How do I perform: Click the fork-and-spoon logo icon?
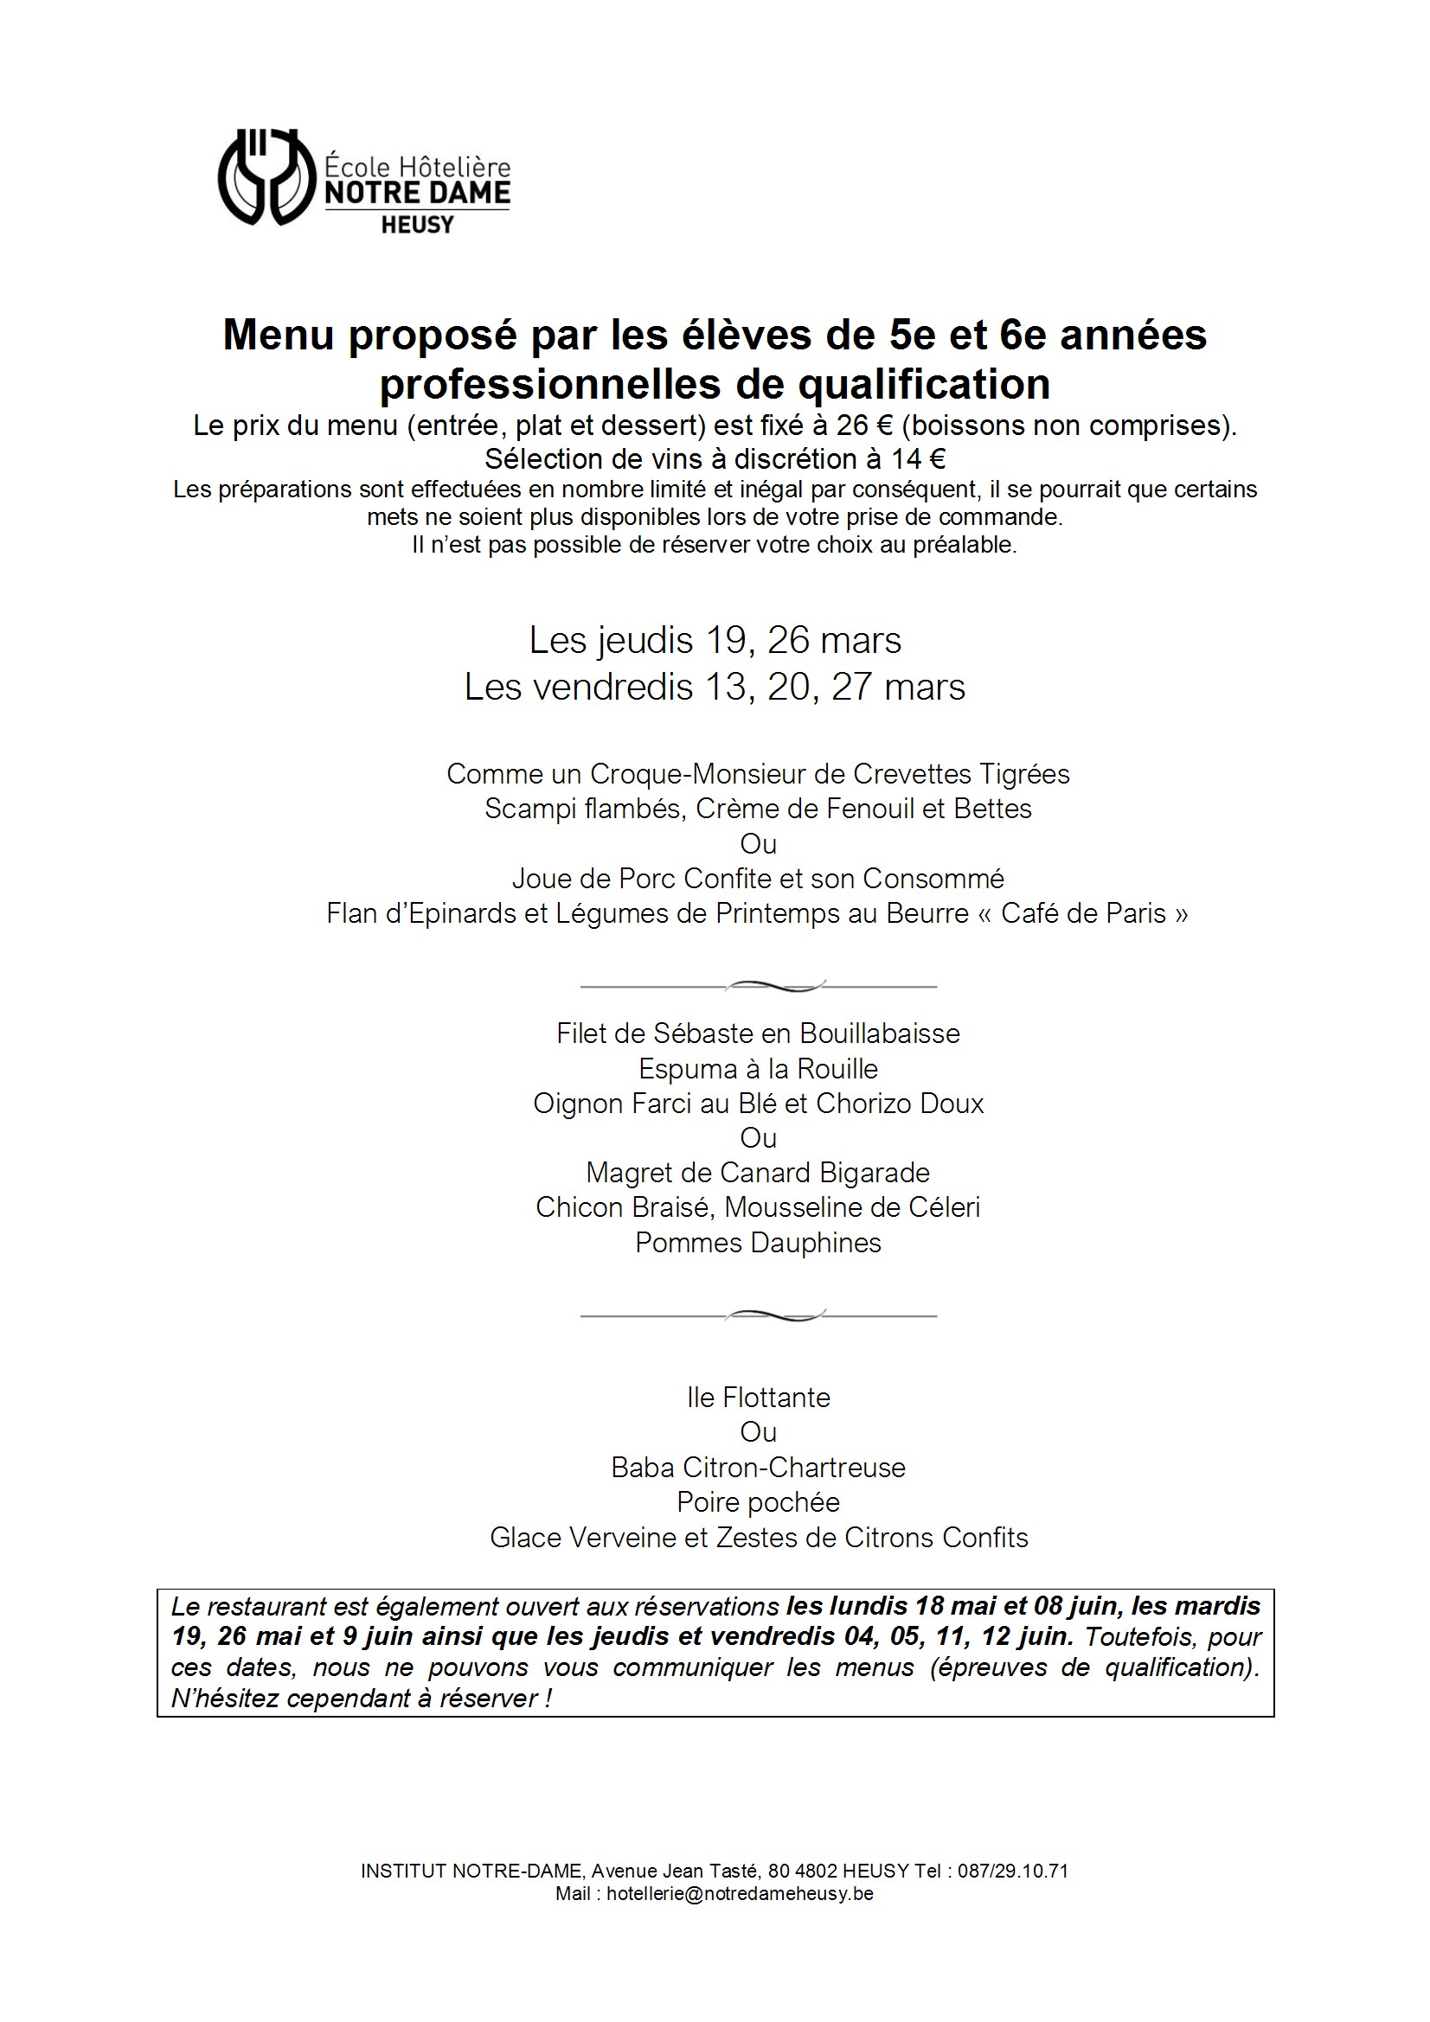tap(266, 177)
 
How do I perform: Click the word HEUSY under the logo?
tap(417, 226)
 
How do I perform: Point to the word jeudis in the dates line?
tap(645, 641)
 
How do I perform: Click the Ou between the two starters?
tap(758, 844)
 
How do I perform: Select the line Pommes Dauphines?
tap(758, 1243)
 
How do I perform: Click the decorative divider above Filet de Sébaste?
tap(758, 986)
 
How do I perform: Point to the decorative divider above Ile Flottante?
tap(758, 1315)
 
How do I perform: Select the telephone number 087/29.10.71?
tap(1012, 1872)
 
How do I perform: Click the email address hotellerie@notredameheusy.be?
tap(740, 1894)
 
